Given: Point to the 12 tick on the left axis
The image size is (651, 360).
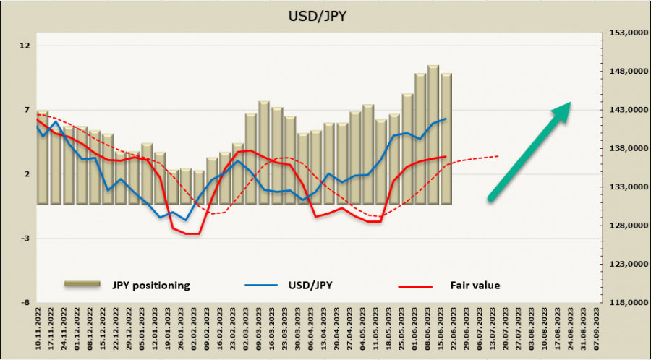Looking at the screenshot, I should (x=26, y=46).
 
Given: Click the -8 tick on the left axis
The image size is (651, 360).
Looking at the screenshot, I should (x=26, y=303).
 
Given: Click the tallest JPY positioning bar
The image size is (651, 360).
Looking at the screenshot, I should (x=433, y=134).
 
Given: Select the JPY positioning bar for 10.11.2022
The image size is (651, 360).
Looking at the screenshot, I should (x=43, y=157).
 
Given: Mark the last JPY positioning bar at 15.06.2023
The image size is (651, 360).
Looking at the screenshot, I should (x=446, y=139).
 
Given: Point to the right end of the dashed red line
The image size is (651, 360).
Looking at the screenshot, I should (x=498, y=155).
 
